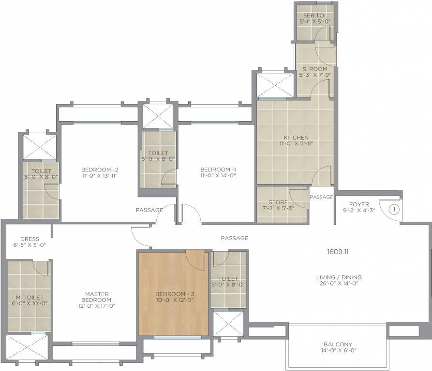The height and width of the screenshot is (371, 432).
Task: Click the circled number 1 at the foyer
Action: point(394,210)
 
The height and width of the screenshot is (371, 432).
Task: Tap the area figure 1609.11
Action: point(338,252)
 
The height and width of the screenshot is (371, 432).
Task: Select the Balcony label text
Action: point(338,344)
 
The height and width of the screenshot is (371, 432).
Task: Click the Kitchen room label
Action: point(296,138)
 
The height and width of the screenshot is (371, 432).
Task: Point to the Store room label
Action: point(278,202)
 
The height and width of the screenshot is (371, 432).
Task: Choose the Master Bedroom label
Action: point(96,297)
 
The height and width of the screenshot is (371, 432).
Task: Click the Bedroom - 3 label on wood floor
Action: point(175,294)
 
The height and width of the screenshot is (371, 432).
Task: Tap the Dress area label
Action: point(30,239)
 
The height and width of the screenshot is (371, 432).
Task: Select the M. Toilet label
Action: point(30,298)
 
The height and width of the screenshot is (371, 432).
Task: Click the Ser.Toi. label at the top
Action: point(315,15)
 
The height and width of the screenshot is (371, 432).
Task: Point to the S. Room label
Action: point(315,69)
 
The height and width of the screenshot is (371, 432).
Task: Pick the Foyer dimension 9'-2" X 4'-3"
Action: point(359,211)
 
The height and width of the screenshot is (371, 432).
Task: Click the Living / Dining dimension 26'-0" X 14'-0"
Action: point(339,283)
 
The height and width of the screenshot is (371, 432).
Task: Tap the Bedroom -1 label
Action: point(218,170)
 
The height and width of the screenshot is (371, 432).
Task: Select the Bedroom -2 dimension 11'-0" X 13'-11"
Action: point(100,176)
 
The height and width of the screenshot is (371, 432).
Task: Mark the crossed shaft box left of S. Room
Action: point(275,85)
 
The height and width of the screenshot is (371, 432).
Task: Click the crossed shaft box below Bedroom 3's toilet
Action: point(228,324)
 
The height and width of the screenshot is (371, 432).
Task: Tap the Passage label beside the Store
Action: point(321,197)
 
